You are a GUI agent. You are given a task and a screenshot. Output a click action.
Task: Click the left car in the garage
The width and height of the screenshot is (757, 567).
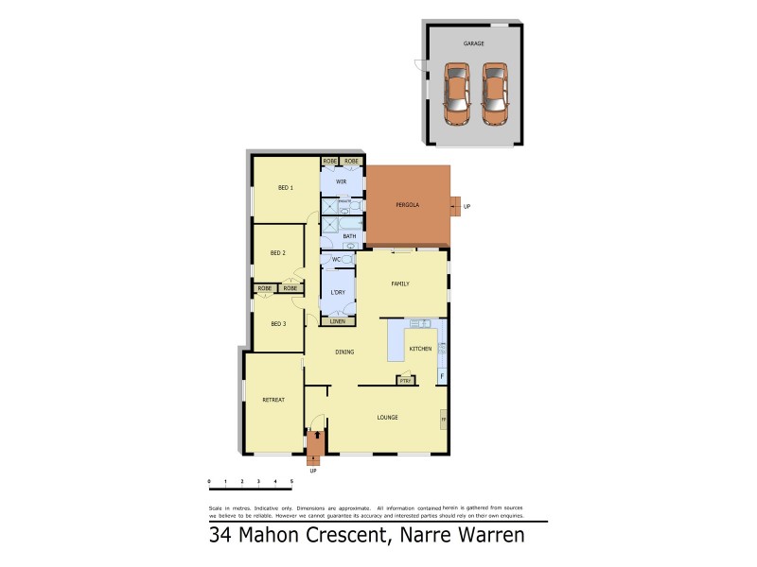tap(457, 93)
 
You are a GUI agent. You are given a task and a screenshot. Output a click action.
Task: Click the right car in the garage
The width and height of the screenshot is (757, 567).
tap(494, 93)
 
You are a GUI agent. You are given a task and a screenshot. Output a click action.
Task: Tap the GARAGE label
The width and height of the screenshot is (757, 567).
tap(473, 43)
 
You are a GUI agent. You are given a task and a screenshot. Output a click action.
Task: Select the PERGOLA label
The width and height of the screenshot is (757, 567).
tap(408, 205)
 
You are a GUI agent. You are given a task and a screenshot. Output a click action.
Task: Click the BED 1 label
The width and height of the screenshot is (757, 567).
tap(285, 188)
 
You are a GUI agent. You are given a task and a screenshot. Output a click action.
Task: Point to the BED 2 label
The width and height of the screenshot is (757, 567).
tap(277, 252)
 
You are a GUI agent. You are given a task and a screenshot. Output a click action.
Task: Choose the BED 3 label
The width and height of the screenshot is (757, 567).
tap(278, 324)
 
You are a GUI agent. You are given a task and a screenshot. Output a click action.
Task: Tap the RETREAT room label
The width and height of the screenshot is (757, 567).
tap(273, 400)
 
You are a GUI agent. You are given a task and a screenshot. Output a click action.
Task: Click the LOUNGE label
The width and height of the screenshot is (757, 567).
tap(387, 417)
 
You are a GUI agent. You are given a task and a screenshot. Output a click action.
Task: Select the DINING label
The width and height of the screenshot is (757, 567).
tap(344, 352)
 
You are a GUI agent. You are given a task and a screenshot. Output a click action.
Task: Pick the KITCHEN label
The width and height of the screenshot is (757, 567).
tap(420, 349)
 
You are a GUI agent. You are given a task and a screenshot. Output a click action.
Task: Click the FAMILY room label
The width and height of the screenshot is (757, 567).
tap(400, 283)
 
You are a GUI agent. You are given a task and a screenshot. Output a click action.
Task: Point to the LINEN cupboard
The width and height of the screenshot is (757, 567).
tap(338, 321)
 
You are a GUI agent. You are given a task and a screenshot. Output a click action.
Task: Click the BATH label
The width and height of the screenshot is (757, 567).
tap(349, 236)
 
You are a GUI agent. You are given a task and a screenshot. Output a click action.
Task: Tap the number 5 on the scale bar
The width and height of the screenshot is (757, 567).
tap(291, 481)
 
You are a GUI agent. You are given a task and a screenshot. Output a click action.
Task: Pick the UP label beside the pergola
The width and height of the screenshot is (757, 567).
tap(467, 206)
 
